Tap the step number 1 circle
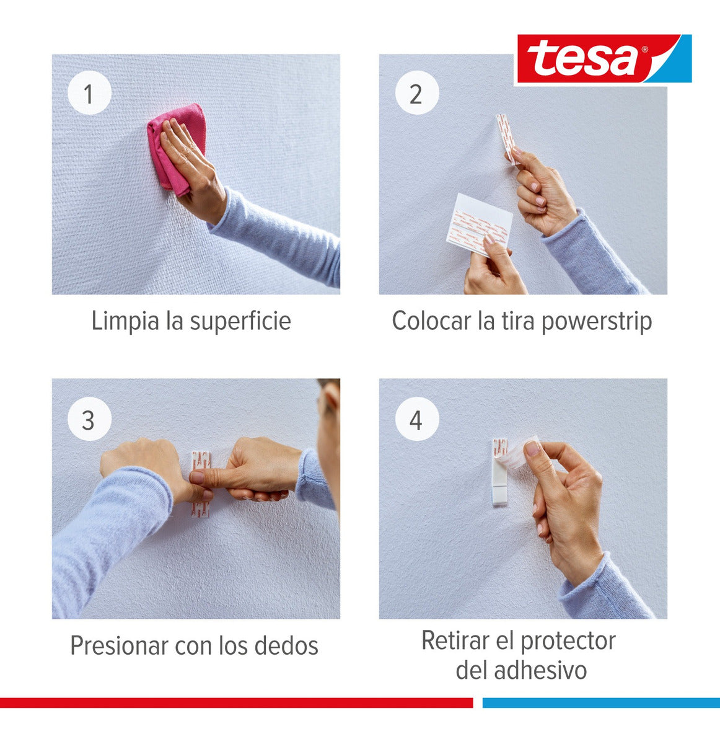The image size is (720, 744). click(89, 94)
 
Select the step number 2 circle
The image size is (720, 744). click(416, 94)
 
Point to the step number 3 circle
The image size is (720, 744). click(89, 420)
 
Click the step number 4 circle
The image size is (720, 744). click(416, 420)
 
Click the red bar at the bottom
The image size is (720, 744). click(235, 702)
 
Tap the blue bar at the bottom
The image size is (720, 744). click(601, 702)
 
